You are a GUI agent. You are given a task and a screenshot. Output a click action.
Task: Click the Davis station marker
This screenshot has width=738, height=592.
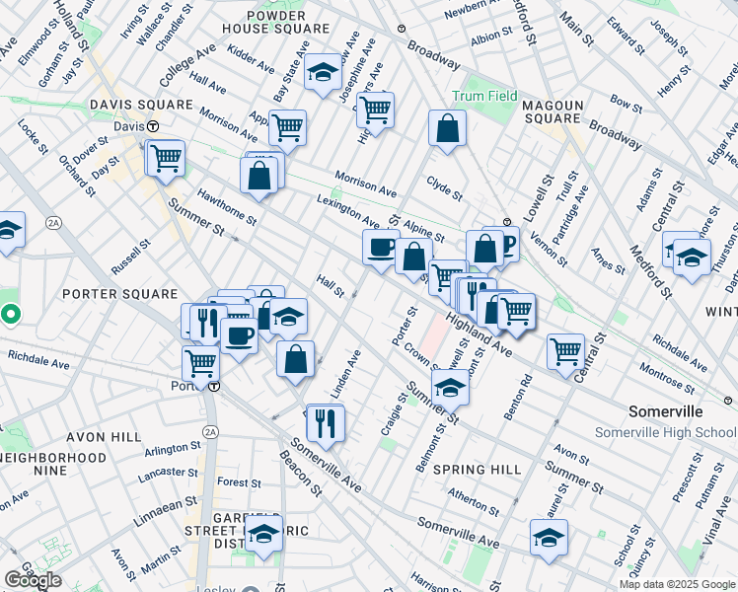tap(154, 127)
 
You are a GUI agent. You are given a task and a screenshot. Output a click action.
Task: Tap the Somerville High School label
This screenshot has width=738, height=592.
tap(664, 433)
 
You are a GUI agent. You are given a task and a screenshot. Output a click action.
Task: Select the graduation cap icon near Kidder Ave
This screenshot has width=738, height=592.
tap(322, 72)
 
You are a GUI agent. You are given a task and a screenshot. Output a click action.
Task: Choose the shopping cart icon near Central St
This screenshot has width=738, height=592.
tap(565, 349)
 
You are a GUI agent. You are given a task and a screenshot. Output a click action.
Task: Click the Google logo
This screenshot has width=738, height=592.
tap(33, 580)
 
